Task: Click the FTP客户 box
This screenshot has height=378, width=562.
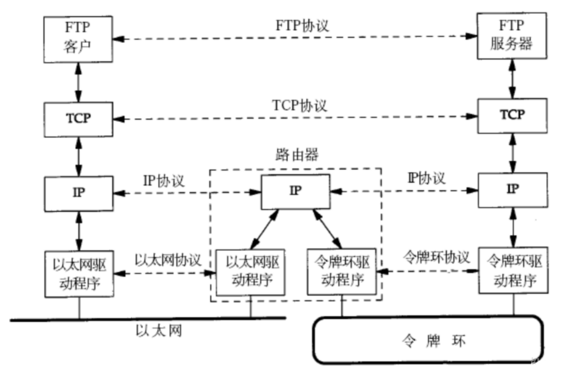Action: tap(78, 40)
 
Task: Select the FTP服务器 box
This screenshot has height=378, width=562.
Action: tap(512, 36)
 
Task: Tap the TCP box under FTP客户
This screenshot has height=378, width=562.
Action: tap(78, 119)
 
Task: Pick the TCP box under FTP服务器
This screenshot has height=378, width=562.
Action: tap(513, 116)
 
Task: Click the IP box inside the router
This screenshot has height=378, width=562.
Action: tap(296, 192)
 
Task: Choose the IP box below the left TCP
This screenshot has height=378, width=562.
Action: tap(79, 194)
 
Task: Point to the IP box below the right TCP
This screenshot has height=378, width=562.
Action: tap(513, 190)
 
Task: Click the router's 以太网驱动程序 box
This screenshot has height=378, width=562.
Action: tap(250, 273)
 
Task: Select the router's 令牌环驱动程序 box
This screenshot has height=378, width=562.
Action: tap(342, 272)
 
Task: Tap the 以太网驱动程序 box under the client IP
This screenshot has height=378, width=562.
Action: tap(79, 274)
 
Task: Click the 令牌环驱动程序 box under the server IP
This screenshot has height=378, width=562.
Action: tap(513, 270)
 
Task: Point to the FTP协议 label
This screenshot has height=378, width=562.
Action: tap(302, 25)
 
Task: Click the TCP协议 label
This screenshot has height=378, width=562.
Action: tap(300, 105)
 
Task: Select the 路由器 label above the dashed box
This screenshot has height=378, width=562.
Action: tap(297, 154)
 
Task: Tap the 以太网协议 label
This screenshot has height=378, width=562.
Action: tap(168, 260)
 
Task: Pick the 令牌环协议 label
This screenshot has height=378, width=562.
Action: tap(436, 257)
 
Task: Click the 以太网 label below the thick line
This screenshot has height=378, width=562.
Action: tap(159, 331)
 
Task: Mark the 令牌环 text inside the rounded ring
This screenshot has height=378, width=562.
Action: tap(434, 341)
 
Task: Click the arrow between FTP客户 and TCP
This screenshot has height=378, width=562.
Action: tap(78, 83)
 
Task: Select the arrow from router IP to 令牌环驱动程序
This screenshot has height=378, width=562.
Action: tap(327, 229)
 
